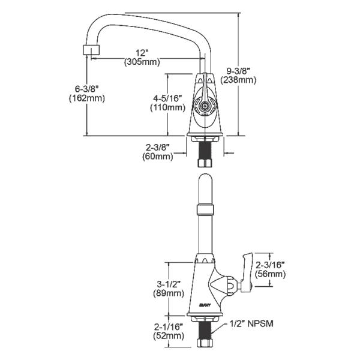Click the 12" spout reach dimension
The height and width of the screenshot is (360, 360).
pyautogui.click(x=141, y=53)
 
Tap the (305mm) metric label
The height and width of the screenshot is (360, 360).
pyautogui.click(x=142, y=62)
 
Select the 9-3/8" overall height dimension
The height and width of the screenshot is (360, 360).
pyautogui.click(x=238, y=71)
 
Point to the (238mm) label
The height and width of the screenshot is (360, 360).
pyautogui.click(x=238, y=80)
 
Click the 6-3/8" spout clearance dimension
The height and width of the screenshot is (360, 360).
pyautogui.click(x=87, y=89)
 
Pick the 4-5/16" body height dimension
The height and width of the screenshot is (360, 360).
pyautogui.click(x=168, y=98)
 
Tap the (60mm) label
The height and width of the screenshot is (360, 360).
pyautogui.click(x=157, y=157)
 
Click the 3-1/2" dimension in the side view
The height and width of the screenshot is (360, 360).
pyautogui.click(x=169, y=284)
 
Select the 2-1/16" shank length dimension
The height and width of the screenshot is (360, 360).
pyautogui.click(x=169, y=327)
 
